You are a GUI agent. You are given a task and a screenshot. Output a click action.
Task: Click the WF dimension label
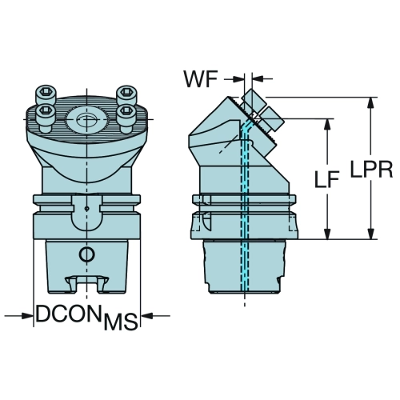click(x=201, y=79)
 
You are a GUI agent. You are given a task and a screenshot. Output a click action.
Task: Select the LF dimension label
click(x=327, y=178)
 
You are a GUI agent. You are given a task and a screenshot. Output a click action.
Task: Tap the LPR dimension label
click(x=371, y=169)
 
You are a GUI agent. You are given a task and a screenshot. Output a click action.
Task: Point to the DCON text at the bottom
click(x=70, y=314)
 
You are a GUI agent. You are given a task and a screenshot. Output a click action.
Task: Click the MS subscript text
click(x=121, y=322)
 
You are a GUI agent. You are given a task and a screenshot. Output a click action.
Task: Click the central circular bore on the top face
click(x=87, y=119)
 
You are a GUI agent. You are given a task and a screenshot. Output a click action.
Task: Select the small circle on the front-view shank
click(x=86, y=254)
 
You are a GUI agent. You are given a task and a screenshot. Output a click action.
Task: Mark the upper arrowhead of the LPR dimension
click(x=370, y=102)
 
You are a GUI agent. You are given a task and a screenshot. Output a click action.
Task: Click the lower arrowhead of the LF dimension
click(x=328, y=234)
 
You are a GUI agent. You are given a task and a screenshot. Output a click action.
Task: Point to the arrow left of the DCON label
click(x=18, y=316)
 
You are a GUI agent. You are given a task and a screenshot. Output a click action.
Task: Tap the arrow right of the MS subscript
click(x=155, y=316)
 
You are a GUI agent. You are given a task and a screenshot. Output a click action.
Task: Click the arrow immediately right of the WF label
click(x=234, y=79)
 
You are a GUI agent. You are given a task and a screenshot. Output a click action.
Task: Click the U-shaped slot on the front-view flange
click(x=86, y=214)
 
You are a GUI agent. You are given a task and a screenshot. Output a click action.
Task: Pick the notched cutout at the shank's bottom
click(x=86, y=285)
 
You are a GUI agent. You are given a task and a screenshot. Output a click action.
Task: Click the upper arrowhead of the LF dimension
click(x=328, y=124)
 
